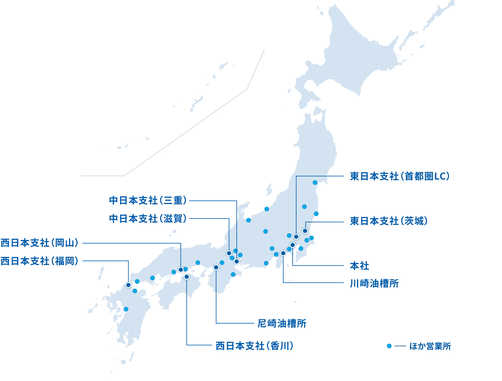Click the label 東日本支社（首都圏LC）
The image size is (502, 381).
399,176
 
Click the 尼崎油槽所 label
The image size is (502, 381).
281,324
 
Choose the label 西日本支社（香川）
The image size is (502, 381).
254,345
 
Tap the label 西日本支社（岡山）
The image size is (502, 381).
39,243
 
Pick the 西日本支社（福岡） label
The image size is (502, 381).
39,261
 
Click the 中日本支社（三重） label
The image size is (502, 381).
148,201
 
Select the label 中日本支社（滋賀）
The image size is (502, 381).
148,219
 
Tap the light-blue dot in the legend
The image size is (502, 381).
389,346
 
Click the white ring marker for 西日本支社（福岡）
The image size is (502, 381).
128,285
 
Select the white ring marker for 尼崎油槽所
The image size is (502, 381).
216,267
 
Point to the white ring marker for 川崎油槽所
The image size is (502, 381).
283,253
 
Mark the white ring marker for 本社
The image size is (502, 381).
292,245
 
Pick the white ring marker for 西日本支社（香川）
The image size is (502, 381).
186,277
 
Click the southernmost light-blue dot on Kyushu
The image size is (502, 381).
126,309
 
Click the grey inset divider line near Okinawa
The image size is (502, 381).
188,130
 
